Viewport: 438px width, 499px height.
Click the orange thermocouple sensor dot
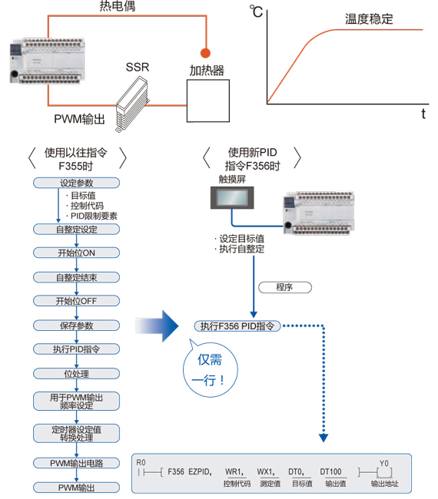point(205,53)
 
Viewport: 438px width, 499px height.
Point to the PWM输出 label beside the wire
point(79,119)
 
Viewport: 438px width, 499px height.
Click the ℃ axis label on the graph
point(256,11)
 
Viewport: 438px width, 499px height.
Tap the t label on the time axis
point(423,114)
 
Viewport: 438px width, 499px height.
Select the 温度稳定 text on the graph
point(368,19)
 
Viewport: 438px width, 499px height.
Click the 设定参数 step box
point(76,183)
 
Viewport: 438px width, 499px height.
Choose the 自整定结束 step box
point(76,277)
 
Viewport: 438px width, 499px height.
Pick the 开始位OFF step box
point(76,301)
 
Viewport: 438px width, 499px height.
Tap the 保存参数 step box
point(76,326)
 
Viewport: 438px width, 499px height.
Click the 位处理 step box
point(76,374)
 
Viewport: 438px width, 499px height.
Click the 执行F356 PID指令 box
point(237,326)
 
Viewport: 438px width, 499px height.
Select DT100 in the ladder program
point(331,471)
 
